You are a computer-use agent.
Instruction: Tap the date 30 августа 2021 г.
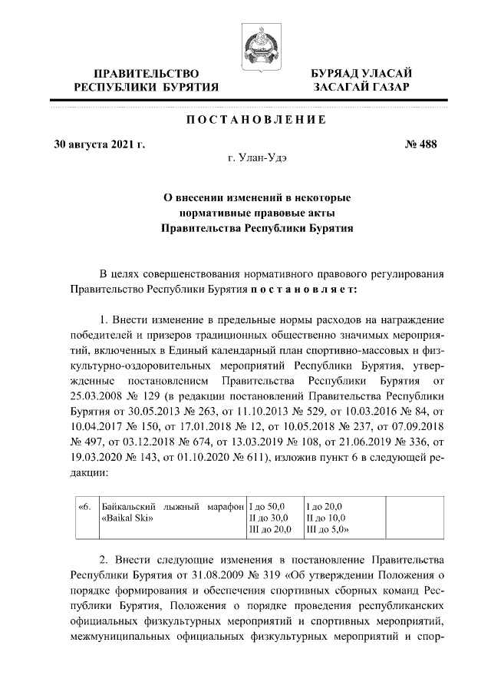tap(99, 143)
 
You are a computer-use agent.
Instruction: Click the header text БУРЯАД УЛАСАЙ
tap(361, 73)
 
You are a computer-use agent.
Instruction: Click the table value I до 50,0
tap(266, 506)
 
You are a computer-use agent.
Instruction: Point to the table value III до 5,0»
tap(328, 530)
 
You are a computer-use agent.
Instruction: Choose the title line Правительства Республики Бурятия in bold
tap(256, 228)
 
